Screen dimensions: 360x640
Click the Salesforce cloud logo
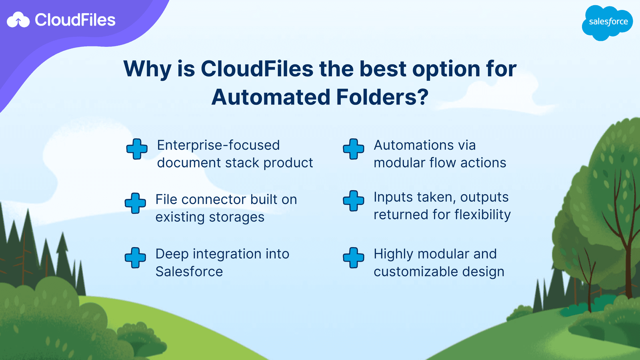pos(607,22)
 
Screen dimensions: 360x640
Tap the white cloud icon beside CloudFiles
pos(18,20)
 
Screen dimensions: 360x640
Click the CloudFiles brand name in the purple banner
pos(75,20)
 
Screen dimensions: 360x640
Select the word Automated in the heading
pos(271,97)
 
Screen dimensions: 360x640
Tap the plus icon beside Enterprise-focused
pos(137,149)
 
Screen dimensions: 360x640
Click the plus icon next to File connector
pos(135,203)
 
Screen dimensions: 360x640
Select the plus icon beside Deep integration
pos(135,258)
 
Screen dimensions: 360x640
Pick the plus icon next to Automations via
pos(354,149)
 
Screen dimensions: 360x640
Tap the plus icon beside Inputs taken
pos(354,201)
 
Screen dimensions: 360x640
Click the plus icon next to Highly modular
pos(354,258)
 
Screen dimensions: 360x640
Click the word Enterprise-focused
pos(218,145)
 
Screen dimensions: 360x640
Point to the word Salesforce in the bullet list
pos(189,272)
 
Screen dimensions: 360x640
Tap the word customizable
pos(416,272)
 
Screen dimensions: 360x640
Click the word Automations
pos(414,145)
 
